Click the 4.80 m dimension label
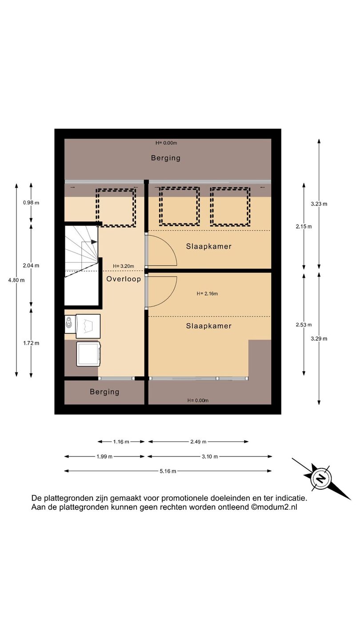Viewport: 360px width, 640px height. pos(16,280)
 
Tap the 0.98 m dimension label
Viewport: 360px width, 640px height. pos(31,203)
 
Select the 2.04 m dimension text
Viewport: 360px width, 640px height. pos(31,265)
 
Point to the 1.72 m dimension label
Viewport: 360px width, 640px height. pos(31,343)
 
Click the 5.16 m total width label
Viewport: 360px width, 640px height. pos(168,471)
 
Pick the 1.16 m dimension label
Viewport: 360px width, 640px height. pos(121,442)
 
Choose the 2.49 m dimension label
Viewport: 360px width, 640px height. pos(198,442)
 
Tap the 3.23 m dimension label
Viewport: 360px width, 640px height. pos(319,204)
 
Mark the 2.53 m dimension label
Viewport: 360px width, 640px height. pos(304,325)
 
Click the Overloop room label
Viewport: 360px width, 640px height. pos(124,279)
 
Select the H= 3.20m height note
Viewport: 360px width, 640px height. pos(124,266)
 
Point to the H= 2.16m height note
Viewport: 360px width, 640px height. pos(207,293)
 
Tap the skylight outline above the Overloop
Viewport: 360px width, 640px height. pos(116,190)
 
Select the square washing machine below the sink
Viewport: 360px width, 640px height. pos(88,354)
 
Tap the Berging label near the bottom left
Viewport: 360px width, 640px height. pos(104,392)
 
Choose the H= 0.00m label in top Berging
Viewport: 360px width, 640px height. pos(166,143)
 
